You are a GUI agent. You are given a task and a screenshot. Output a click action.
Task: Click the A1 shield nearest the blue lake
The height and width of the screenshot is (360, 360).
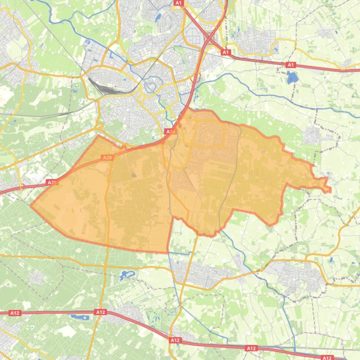291,65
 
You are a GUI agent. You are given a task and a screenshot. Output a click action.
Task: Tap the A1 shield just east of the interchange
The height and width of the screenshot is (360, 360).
226,52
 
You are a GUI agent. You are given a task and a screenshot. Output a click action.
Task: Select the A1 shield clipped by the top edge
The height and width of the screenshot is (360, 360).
178,3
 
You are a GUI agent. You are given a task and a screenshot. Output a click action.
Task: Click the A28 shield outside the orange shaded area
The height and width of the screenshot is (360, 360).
51,182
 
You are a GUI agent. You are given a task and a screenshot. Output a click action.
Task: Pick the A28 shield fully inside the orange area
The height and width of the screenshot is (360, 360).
107,158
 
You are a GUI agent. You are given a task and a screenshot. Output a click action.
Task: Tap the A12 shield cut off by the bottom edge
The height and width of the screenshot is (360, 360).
326,358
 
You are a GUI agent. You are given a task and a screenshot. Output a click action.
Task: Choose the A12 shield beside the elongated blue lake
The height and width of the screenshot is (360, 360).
100,312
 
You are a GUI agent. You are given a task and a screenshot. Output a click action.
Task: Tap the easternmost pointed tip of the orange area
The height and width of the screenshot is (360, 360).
331,190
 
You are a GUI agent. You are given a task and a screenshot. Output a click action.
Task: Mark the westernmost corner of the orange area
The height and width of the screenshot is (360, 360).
31,205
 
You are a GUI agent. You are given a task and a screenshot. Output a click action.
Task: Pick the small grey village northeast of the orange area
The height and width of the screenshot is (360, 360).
311,136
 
